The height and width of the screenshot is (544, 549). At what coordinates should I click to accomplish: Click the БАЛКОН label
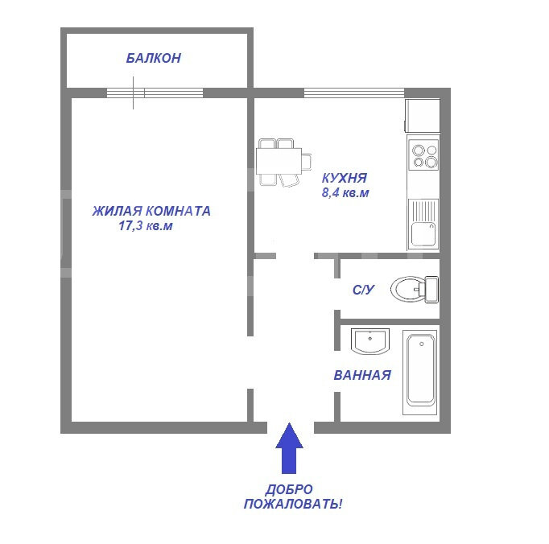154,58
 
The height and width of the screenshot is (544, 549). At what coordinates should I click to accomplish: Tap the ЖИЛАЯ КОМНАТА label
151,211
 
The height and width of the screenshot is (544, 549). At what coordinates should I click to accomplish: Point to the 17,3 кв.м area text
146,226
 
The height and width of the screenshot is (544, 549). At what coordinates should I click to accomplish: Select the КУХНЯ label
345,178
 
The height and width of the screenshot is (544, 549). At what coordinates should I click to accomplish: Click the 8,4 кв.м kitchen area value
345,193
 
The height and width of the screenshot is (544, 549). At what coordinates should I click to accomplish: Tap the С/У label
363,290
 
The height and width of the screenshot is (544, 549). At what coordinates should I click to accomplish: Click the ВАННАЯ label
362,375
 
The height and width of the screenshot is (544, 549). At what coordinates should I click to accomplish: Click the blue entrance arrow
289,448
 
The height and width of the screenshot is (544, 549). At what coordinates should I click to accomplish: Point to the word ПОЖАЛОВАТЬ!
293,505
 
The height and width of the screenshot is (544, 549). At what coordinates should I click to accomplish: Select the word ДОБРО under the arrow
289,489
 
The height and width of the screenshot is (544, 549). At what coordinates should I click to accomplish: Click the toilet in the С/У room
415,289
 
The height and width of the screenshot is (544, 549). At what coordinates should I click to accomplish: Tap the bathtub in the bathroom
420,373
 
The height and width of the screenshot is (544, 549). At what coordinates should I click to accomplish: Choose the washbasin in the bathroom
370,341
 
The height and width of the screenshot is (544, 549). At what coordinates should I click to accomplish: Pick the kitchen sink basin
423,234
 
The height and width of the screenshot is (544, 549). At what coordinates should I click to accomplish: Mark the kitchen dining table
279,161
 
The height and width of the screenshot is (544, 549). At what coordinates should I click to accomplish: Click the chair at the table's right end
307,162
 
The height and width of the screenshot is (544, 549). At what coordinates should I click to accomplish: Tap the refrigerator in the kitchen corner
423,116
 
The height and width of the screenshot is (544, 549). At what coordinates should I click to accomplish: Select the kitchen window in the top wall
354,93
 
